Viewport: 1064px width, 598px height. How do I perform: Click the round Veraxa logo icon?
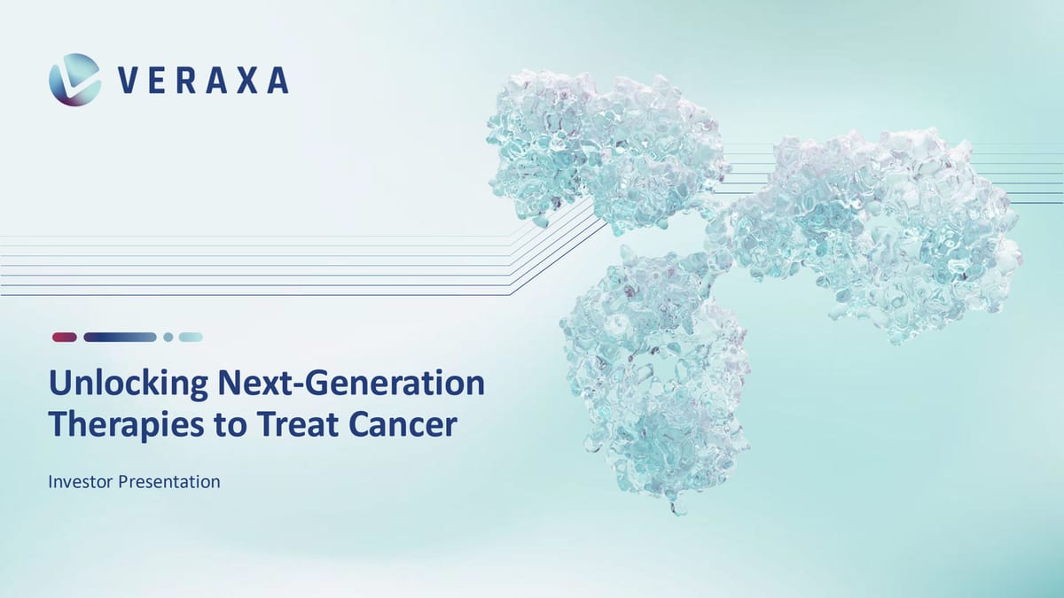pyautogui.click(x=74, y=80)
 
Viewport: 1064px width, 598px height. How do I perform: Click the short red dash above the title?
pyautogui.click(x=65, y=337)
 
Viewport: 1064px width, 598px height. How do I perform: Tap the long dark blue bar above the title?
pyautogui.click(x=120, y=337)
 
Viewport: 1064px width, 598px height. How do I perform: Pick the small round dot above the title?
pyautogui.click(x=168, y=337)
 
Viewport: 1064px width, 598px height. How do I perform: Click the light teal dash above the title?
pyautogui.click(x=191, y=337)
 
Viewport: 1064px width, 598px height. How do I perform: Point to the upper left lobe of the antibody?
pyautogui.click(x=603, y=146)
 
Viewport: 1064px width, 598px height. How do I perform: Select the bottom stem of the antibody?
pyautogui.click(x=656, y=390)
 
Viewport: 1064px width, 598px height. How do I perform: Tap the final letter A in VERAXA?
pyautogui.click(x=278, y=81)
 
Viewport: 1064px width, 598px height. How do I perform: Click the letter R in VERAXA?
pyautogui.click(x=186, y=81)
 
